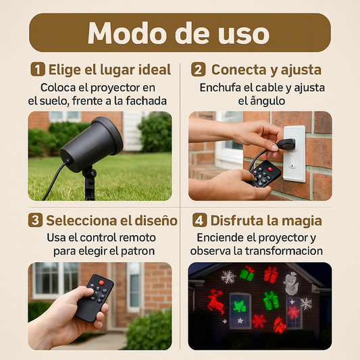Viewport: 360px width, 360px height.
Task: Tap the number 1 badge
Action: (38, 70)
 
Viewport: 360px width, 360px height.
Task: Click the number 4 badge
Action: (199, 221)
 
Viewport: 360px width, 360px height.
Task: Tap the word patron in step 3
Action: (139, 251)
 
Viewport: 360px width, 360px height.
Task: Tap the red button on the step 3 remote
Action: (101, 280)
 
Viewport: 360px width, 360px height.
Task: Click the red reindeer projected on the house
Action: (215, 301)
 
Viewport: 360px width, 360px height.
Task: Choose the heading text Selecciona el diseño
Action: (111, 221)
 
